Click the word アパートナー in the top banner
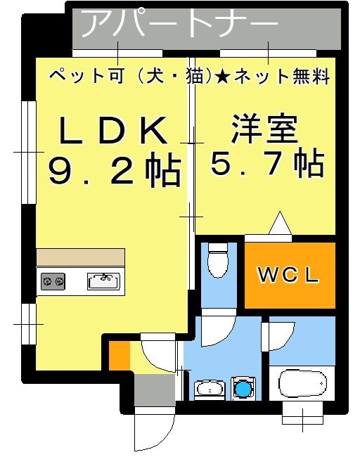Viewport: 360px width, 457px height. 179,25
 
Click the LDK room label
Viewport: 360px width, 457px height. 113,131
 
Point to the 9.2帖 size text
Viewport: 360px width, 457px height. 115,170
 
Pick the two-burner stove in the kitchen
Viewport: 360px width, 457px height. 53,282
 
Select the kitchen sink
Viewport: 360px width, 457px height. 103,281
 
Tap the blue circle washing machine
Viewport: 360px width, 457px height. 243,388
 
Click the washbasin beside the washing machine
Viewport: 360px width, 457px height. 210,388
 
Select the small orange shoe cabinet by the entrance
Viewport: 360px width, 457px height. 119,356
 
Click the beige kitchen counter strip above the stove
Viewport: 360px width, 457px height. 80,257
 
